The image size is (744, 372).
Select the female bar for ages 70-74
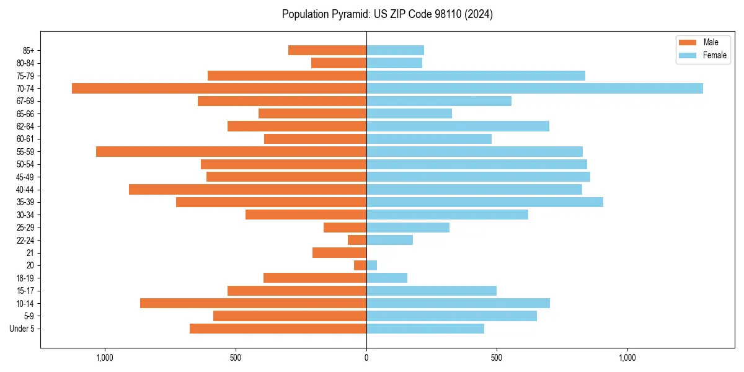click(534, 89)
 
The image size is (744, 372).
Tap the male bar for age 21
click(339, 253)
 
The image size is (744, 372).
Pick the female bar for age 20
click(371, 265)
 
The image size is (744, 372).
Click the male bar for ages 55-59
click(231, 152)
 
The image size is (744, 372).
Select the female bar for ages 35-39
click(484, 202)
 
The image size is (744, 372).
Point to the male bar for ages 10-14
click(253, 303)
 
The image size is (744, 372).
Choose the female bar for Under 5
click(425, 329)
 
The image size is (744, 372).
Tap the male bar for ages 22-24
click(357, 240)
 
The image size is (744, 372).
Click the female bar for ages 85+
click(395, 50)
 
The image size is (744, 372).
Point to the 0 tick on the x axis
click(366, 358)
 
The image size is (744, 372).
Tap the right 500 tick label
click(496, 358)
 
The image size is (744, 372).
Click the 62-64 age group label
click(25, 126)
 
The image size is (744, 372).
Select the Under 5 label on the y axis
click(22, 329)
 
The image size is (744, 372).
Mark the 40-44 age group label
click(25, 190)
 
